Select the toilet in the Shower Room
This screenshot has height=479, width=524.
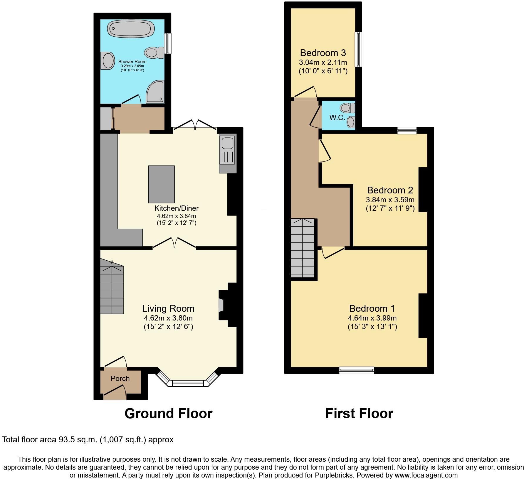click(x=154, y=53)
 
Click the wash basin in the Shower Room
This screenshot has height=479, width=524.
click(x=108, y=61)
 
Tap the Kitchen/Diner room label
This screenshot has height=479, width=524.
click(x=176, y=208)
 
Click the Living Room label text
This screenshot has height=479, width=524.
click(x=168, y=308)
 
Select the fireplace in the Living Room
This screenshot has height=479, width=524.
click(x=221, y=305)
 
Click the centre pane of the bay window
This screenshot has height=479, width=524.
click(x=188, y=383)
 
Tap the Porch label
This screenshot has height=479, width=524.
click(x=120, y=379)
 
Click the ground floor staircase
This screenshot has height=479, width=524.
click(x=112, y=289)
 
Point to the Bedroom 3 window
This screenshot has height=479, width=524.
click(x=358, y=49)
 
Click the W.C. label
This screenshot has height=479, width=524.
click(x=337, y=118)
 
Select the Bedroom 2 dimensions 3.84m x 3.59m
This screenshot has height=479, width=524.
click(x=390, y=200)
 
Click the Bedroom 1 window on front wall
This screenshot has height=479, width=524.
click(x=357, y=370)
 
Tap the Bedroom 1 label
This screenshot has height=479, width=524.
click(x=372, y=308)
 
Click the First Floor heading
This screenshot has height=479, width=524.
click(x=359, y=413)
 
